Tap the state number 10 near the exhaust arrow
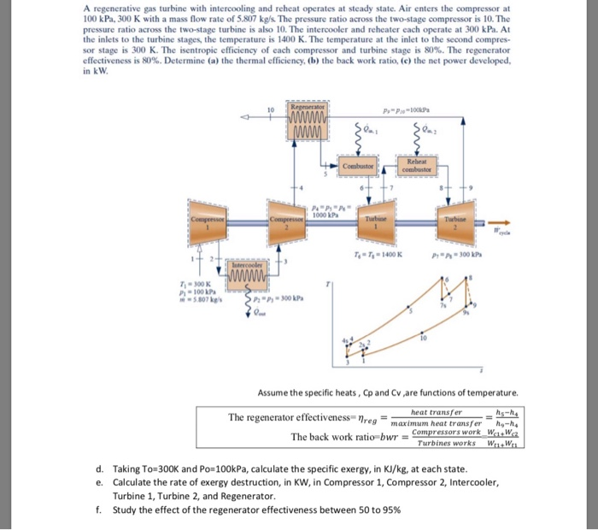point(272,110)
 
